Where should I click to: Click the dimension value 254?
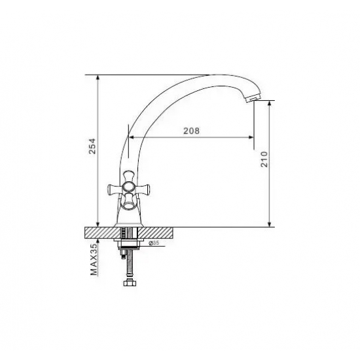click(x=92, y=146)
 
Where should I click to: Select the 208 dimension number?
click(x=192, y=131)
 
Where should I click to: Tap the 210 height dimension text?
click(x=264, y=159)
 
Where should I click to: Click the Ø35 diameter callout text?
click(x=154, y=243)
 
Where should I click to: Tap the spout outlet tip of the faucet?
click(x=253, y=99)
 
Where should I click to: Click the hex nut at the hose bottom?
click(x=130, y=282)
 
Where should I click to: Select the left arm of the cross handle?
click(x=115, y=189)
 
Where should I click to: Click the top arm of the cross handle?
click(x=129, y=175)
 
